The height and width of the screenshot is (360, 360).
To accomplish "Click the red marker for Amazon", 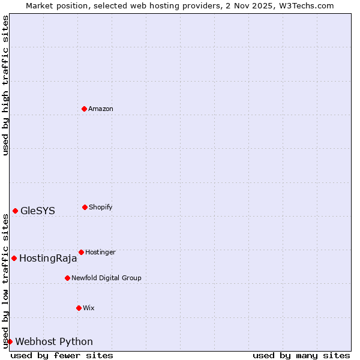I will coord(85,109).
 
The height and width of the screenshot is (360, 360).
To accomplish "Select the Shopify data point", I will coord(85,207).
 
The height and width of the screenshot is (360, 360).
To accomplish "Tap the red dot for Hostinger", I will coord(81,252).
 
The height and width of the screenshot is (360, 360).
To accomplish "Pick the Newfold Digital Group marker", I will coord(67,278).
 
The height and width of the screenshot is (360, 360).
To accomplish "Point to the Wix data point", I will coord(79,308).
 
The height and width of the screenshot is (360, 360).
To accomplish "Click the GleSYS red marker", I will coord(15,211).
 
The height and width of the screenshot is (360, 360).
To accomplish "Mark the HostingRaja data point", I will coord(14,258).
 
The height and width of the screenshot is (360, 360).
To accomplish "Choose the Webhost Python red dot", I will coord(10,341).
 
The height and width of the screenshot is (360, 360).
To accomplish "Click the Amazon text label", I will coord(101,109).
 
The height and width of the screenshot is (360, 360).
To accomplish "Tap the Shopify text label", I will coord(101,207).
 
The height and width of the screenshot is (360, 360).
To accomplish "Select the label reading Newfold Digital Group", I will coord(106,278).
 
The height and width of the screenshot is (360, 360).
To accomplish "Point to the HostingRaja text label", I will coord(48,259).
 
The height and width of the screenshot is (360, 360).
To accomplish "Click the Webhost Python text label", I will coord(54,342).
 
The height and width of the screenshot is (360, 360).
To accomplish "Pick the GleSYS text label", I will coord(38,211).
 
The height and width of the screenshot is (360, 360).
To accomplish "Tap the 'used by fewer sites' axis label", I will coord(62,355).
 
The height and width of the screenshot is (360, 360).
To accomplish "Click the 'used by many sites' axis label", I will coord(301,355).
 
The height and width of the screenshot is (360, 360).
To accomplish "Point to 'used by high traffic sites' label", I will coord(5,85).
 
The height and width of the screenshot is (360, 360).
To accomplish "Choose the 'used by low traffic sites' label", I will coord(5,281).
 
